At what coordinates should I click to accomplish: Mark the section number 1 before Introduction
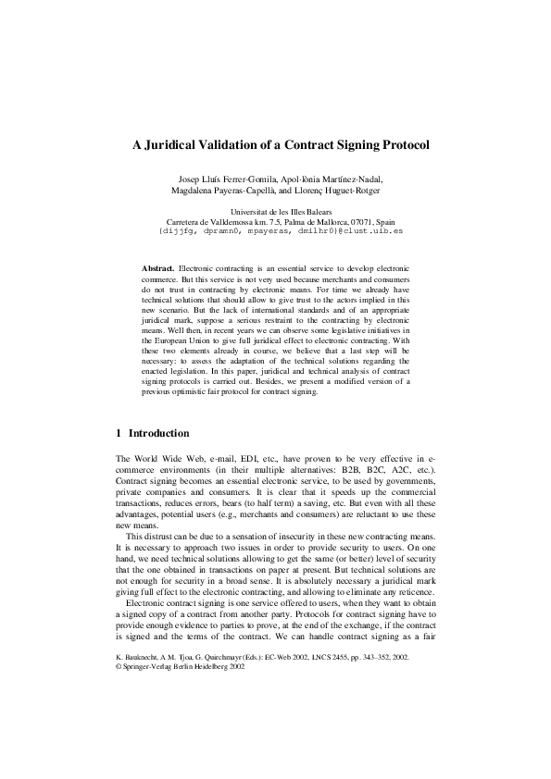tap(119, 433)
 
